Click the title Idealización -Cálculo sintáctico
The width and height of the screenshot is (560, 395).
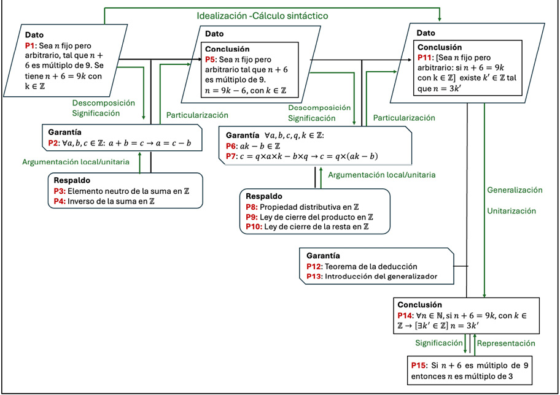[x=262, y=15]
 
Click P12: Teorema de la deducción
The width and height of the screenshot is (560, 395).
[x=362, y=267]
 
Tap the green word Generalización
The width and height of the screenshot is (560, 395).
[x=515, y=190]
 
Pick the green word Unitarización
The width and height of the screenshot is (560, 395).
[x=512, y=211]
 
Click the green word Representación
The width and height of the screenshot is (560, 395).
[x=506, y=343]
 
